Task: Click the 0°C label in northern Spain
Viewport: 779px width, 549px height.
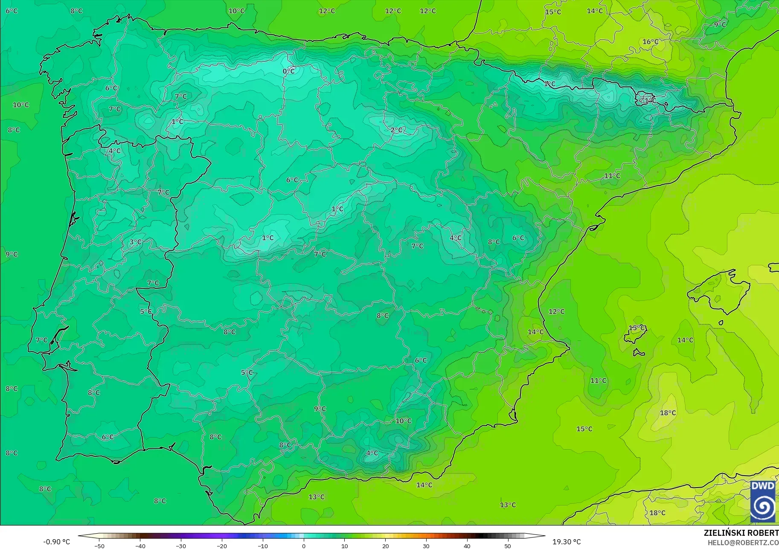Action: click(289, 71)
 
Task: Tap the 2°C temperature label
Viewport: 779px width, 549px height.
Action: click(396, 130)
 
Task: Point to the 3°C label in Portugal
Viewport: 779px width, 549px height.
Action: click(135, 242)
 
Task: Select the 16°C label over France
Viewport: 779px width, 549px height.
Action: click(650, 42)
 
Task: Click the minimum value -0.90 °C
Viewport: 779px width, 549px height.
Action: click(56, 542)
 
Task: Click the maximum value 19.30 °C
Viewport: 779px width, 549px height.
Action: click(567, 542)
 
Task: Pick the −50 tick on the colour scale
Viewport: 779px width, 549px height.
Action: click(99, 546)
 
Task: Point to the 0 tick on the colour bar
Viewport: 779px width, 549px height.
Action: click(304, 546)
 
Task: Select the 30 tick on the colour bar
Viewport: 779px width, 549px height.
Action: click(426, 546)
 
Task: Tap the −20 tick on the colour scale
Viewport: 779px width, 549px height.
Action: click(222, 546)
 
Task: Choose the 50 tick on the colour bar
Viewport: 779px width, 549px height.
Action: click(508, 546)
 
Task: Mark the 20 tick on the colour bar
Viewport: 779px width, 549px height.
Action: click(386, 546)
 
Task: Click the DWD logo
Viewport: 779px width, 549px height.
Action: click(763, 502)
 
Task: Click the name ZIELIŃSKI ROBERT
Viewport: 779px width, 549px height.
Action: click(741, 533)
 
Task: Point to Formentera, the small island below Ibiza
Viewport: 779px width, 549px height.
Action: click(638, 353)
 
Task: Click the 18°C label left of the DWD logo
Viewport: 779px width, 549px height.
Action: click(657, 513)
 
